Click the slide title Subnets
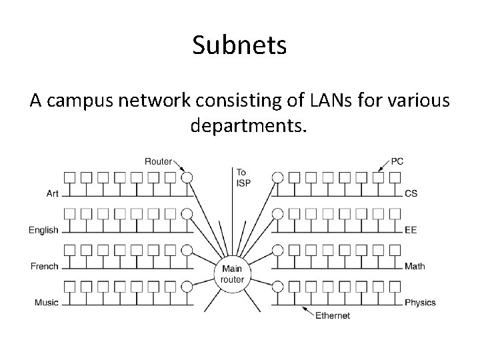coord(239,45)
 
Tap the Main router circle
coord(233,273)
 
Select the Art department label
coord(53,194)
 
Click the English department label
coord(44,230)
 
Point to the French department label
coord(45,266)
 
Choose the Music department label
coord(46,302)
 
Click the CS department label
coord(411,194)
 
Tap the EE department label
coord(411,230)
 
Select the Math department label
coord(415,266)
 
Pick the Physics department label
coord(420,302)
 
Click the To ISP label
coord(243,177)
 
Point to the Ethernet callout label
coord(332,315)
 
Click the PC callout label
coord(397,161)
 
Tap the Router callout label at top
coord(158,161)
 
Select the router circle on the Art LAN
coord(187,177)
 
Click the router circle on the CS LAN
coord(278,177)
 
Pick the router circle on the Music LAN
coord(187,286)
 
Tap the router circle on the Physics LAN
coord(278,286)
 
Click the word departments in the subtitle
coord(247,125)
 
